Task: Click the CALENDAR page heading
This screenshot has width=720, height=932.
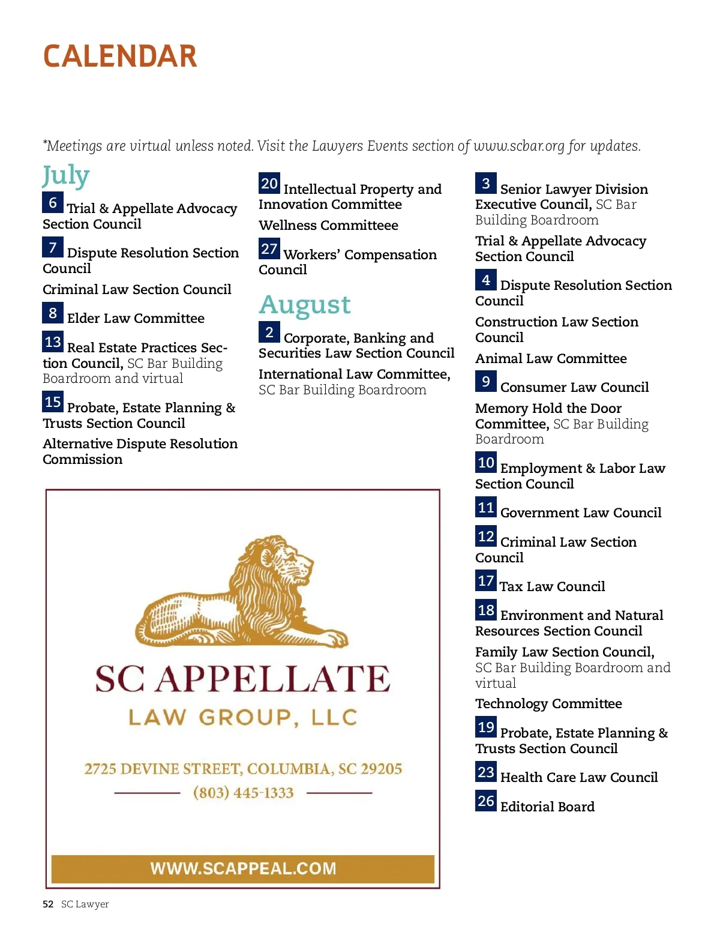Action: click(x=120, y=56)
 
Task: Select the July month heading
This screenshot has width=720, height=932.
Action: click(x=66, y=176)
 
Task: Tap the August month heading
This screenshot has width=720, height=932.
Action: click(x=305, y=304)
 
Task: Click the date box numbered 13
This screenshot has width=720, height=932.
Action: click(x=53, y=342)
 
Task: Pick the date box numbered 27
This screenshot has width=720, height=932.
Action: click(x=269, y=248)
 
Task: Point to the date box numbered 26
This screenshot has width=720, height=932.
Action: click(x=486, y=801)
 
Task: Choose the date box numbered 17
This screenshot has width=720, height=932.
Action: click(x=486, y=581)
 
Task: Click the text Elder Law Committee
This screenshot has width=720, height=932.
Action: click(x=136, y=318)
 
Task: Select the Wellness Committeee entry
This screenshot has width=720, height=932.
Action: click(x=328, y=225)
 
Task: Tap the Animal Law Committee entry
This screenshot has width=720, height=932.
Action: click(x=551, y=358)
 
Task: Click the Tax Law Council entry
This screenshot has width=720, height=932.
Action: click(x=552, y=586)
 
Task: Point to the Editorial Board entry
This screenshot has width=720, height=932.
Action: click(x=547, y=807)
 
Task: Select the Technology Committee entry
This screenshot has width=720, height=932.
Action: click(x=548, y=703)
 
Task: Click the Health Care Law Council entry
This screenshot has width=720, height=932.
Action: click(x=579, y=777)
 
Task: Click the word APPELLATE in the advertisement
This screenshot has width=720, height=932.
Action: click(x=276, y=678)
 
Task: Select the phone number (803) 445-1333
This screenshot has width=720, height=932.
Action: click(x=244, y=793)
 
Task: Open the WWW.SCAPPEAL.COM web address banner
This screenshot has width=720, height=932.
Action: click(x=243, y=868)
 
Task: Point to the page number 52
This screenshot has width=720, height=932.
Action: click(x=48, y=904)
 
